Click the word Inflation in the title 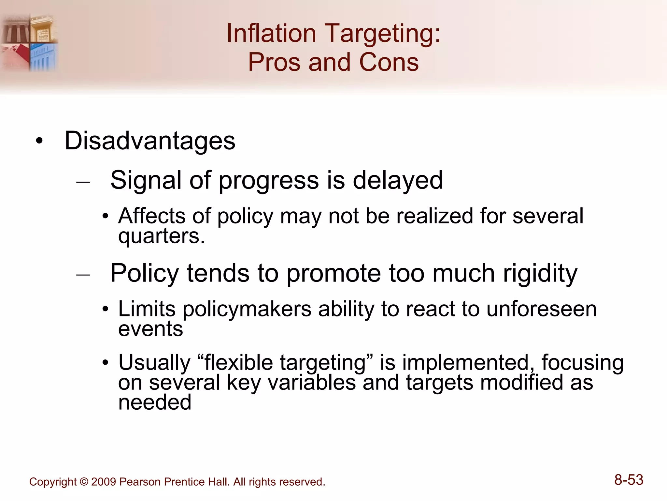tap(271, 33)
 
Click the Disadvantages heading tap(150, 141)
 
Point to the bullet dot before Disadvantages tap(39, 141)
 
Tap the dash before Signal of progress tap(83, 182)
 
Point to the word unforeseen tap(541, 309)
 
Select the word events tap(150, 329)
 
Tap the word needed tap(154, 402)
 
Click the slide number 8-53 tap(629, 480)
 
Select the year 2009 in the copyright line tap(104, 482)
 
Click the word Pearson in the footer tap(140, 482)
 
